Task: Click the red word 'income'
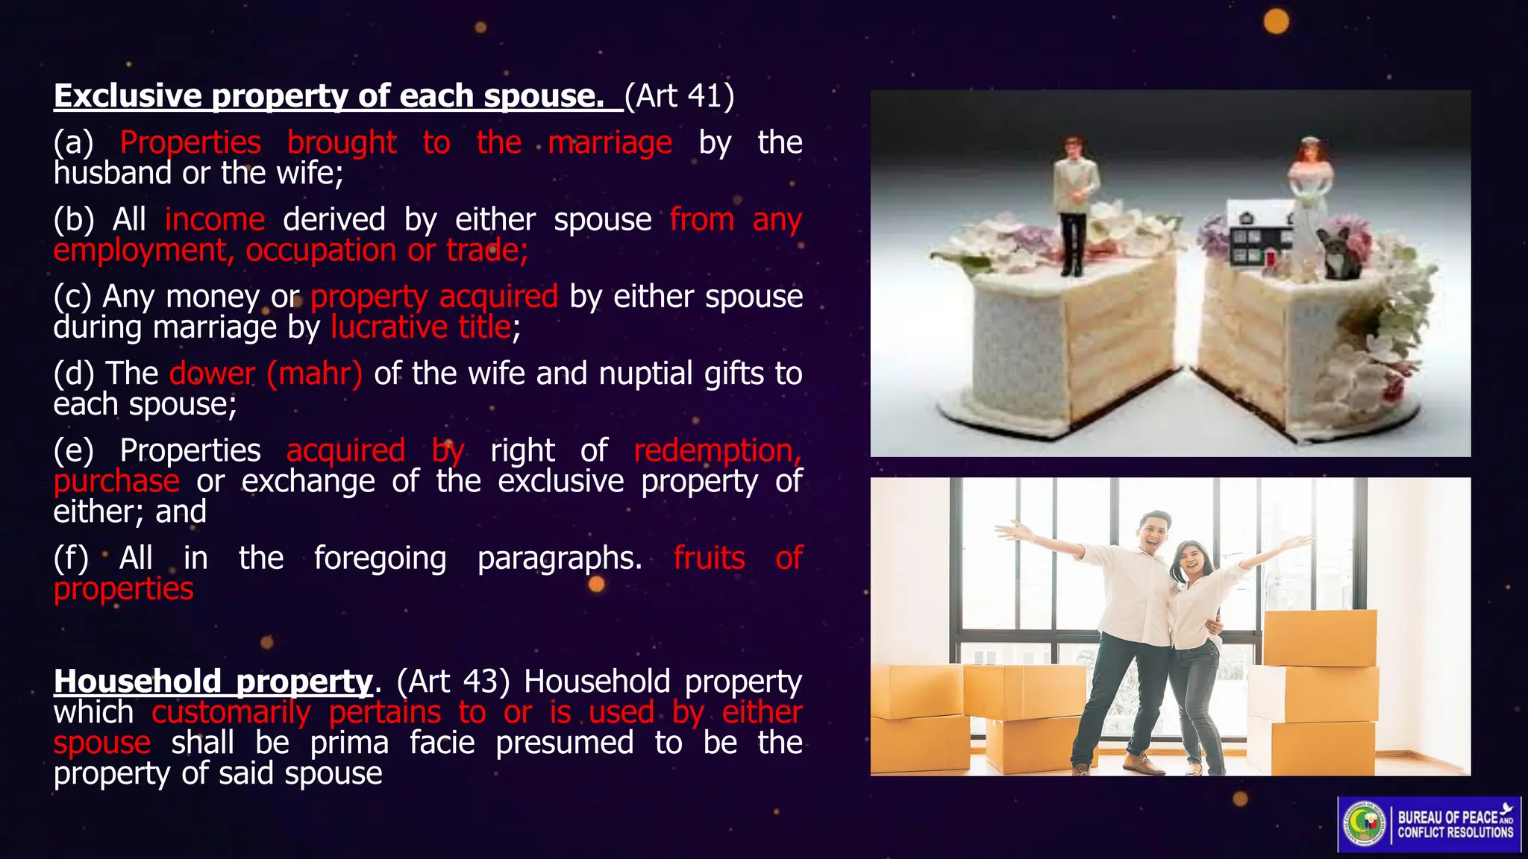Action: click(x=215, y=220)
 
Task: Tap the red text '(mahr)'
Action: click(x=314, y=374)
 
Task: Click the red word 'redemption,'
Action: click(x=717, y=450)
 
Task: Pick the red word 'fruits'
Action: click(x=709, y=558)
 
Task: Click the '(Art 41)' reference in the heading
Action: click(x=679, y=96)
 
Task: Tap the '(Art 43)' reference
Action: click(x=453, y=682)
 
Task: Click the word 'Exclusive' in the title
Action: click(x=128, y=96)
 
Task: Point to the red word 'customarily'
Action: click(x=231, y=713)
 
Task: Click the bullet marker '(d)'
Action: click(x=74, y=374)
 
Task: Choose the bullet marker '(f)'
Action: click(x=71, y=558)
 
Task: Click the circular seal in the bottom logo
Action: click(x=1365, y=825)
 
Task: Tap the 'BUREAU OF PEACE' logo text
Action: click(x=1447, y=817)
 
